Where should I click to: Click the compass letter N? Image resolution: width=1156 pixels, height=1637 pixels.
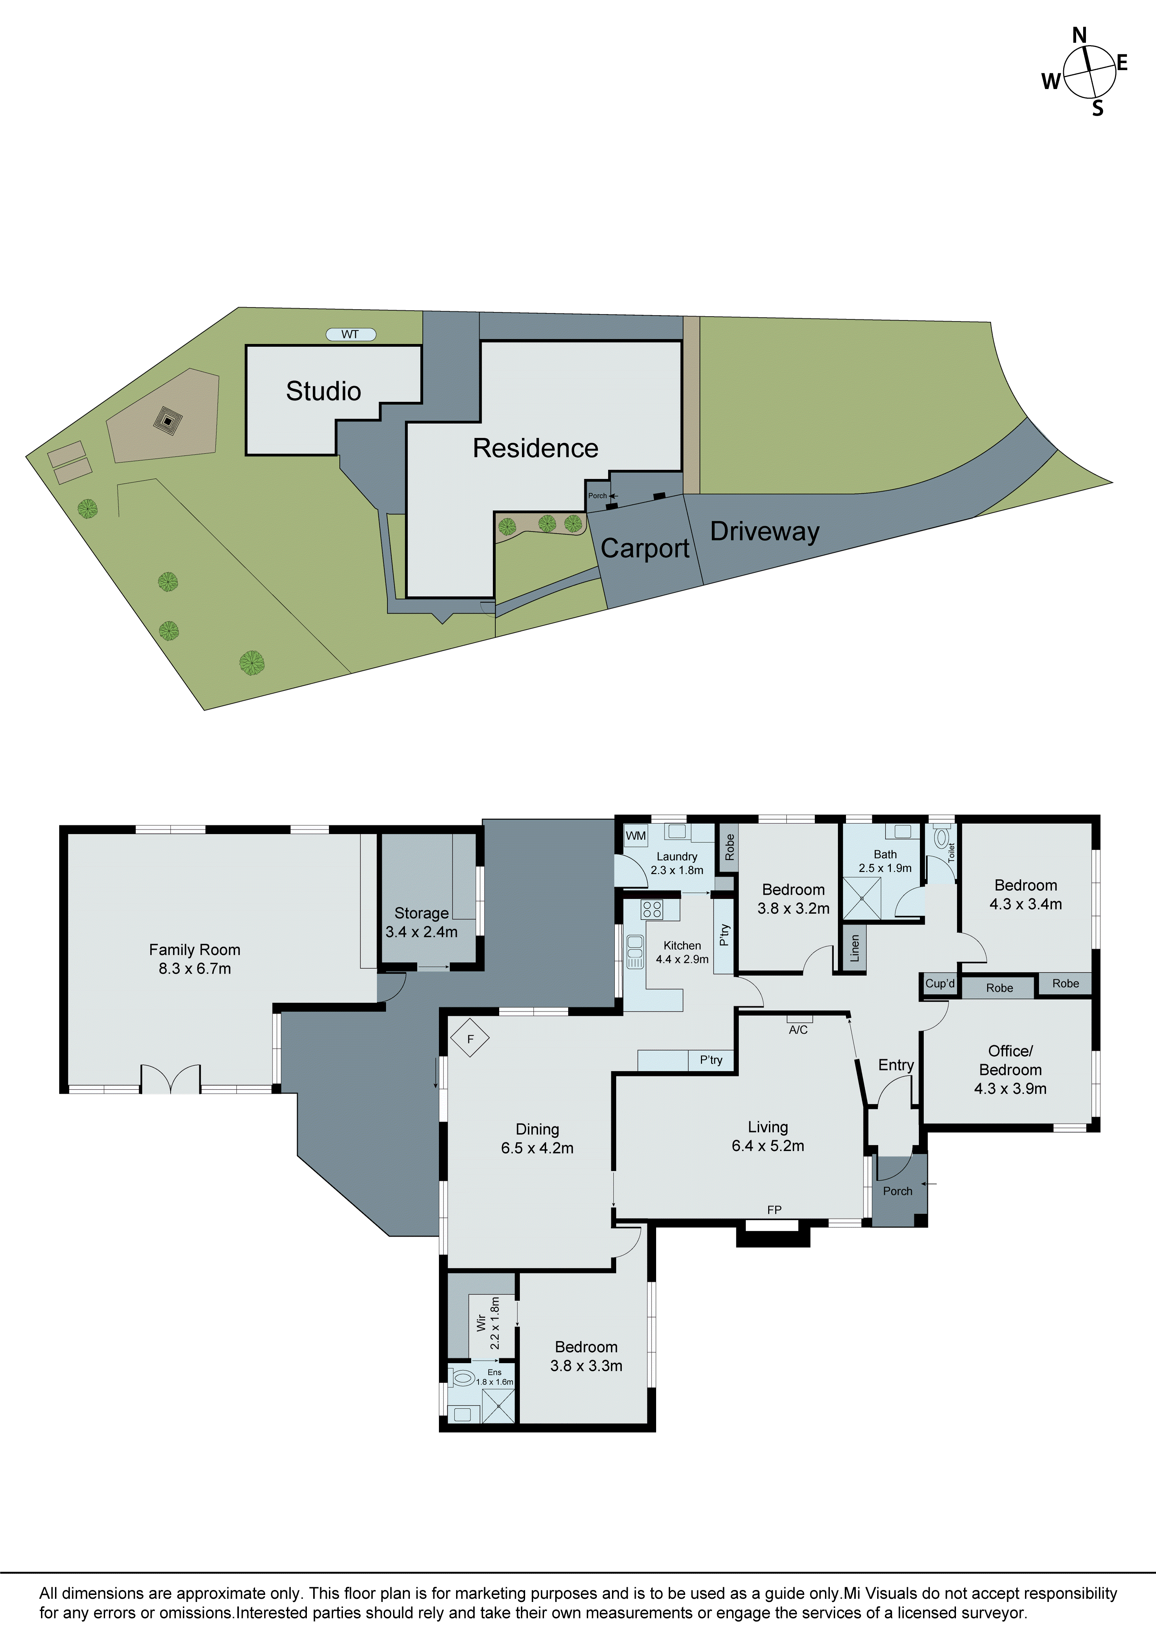[x=1079, y=36]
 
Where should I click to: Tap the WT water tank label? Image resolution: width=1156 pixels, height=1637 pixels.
[x=350, y=334]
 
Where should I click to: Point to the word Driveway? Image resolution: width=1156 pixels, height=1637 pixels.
[x=765, y=531]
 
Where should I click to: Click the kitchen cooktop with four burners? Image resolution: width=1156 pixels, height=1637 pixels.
[x=652, y=909]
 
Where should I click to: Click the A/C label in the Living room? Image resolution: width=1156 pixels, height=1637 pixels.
[x=798, y=1030]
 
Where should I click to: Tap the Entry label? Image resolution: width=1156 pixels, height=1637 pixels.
[x=896, y=1065]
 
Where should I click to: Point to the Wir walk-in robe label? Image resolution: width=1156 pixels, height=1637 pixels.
[x=481, y=1323]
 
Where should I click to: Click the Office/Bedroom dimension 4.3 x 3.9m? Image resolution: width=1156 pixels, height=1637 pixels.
[x=1010, y=1089]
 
